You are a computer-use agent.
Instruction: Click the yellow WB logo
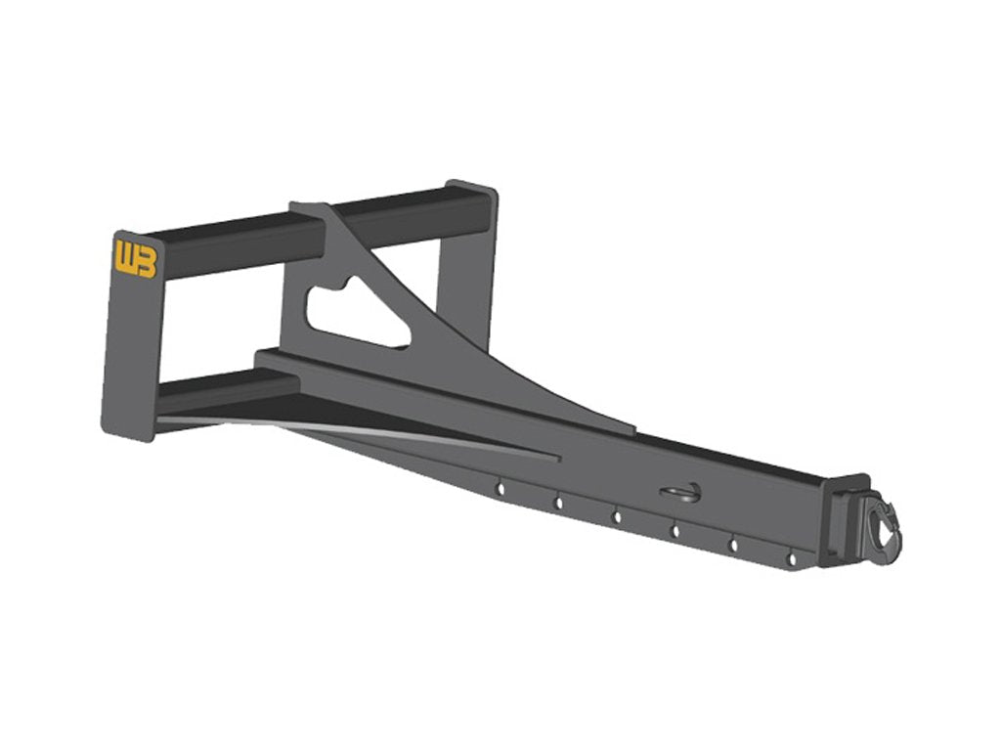[135, 258]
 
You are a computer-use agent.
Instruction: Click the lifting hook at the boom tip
[884, 526]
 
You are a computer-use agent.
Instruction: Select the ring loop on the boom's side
[681, 493]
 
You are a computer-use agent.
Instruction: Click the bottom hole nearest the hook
[792, 559]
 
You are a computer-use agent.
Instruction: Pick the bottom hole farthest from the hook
[500, 489]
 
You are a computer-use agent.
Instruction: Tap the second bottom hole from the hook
[733, 546]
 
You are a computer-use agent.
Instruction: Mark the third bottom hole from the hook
[675, 531]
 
